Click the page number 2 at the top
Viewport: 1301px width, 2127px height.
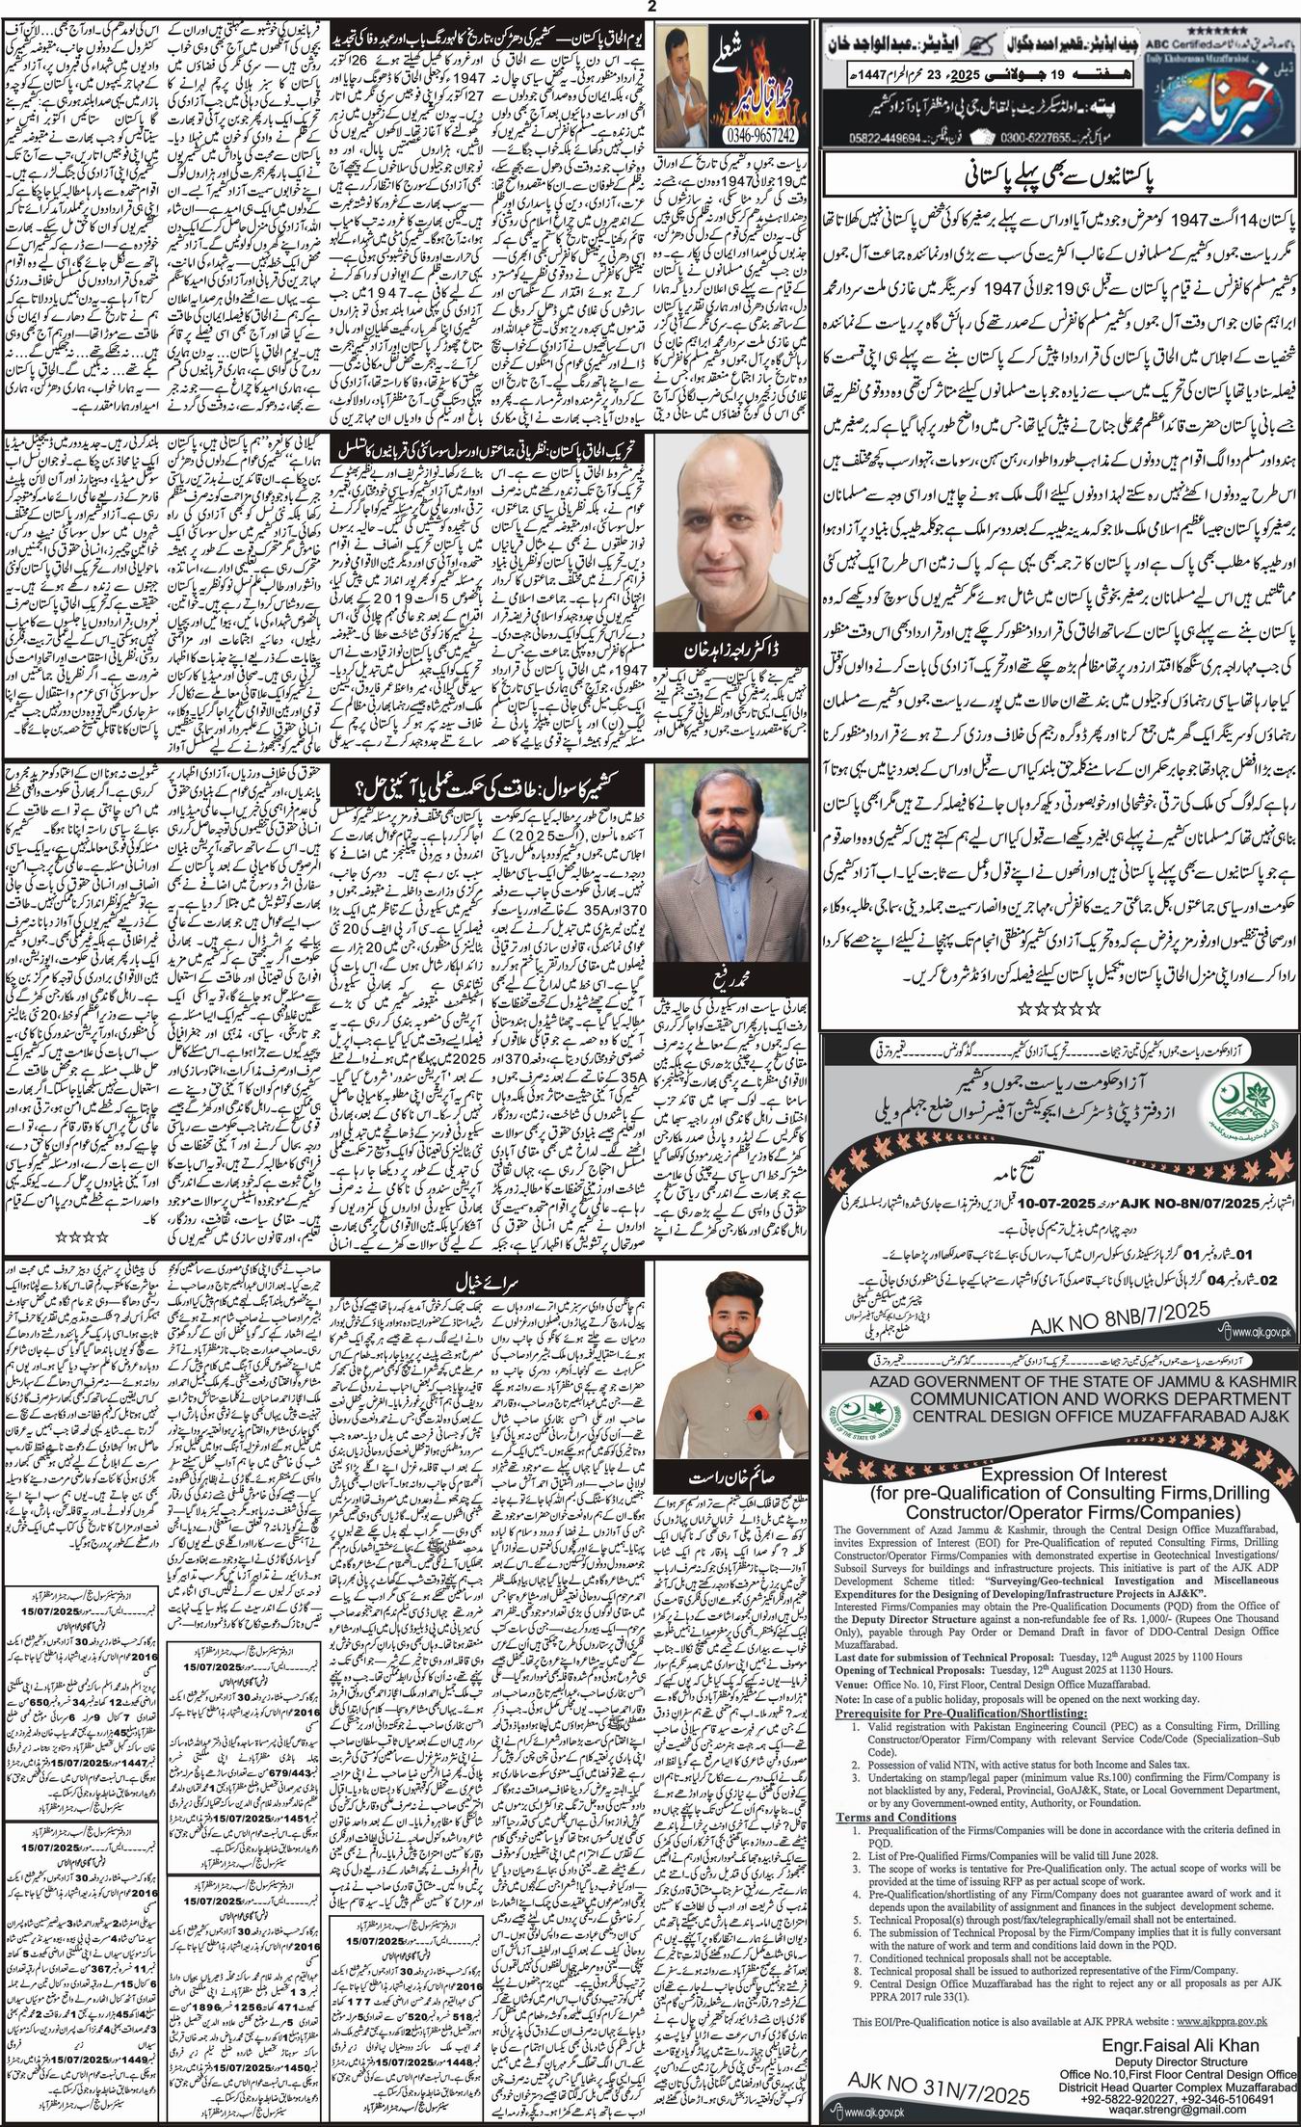(x=651, y=9)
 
